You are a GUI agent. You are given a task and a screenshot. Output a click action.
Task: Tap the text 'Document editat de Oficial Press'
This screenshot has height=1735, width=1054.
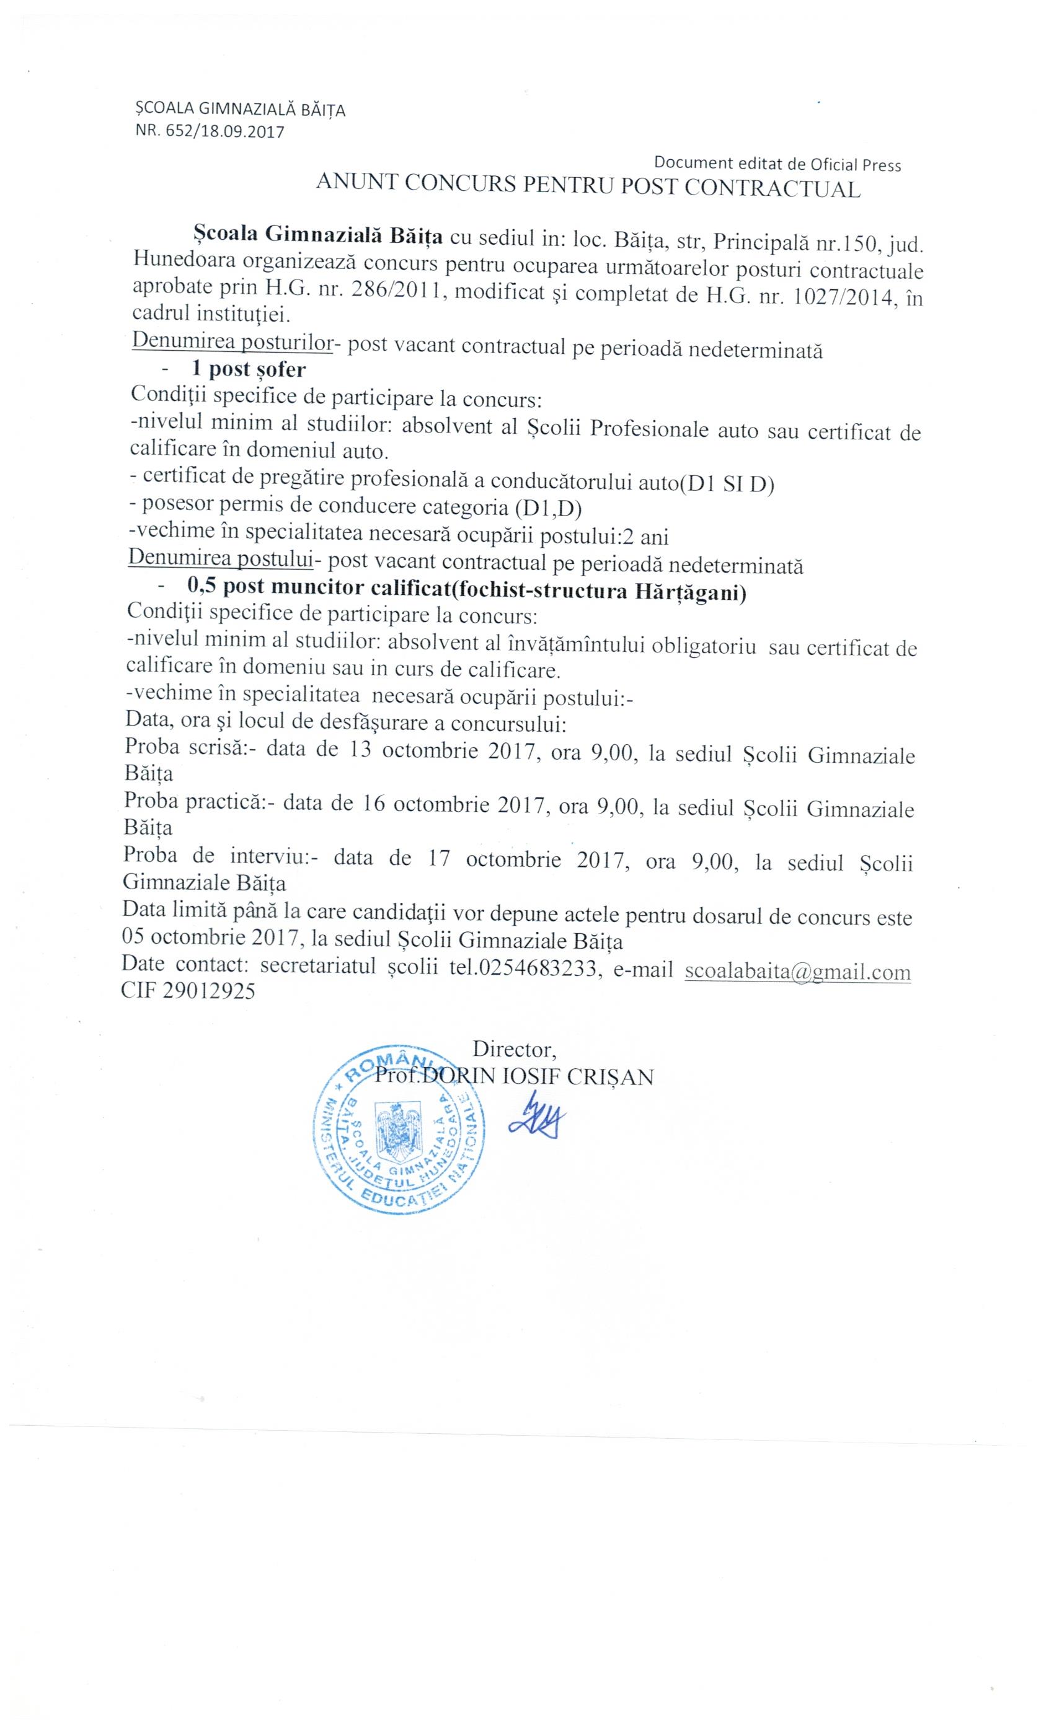[777, 164]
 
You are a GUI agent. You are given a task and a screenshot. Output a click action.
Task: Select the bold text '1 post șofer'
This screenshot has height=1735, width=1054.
[249, 370]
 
